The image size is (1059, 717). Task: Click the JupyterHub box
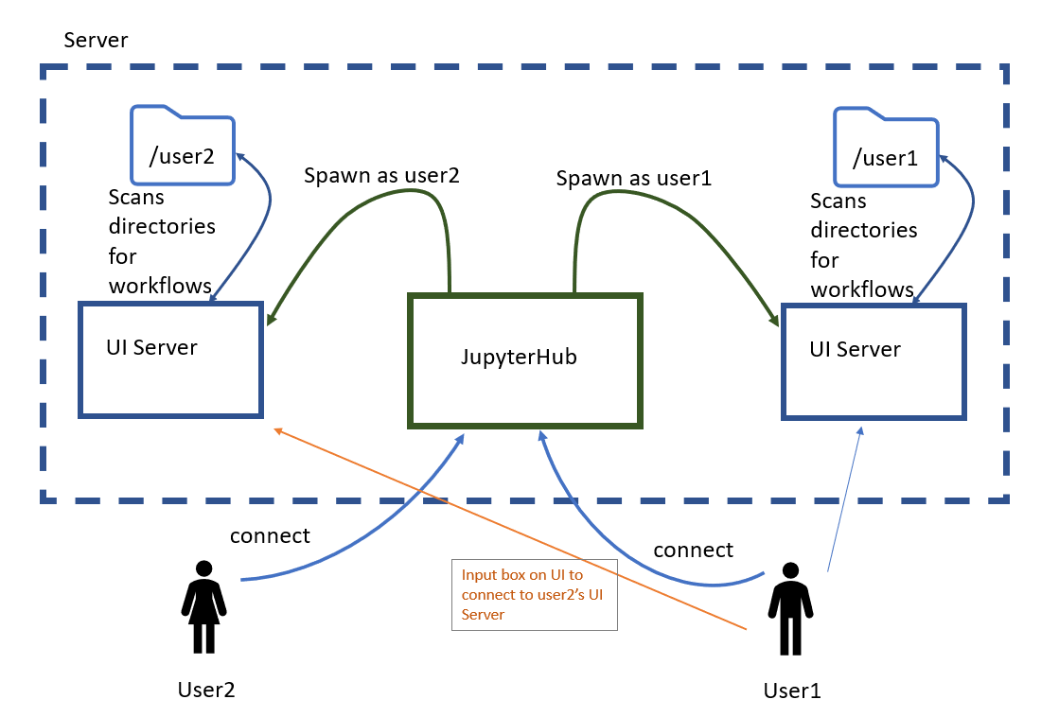tap(525, 359)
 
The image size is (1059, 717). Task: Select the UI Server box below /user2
tap(170, 359)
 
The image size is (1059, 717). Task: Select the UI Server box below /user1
tap(873, 361)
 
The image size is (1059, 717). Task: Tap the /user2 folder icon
tap(182, 147)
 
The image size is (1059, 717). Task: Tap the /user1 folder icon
tap(885, 149)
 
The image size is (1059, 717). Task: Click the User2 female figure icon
tap(203, 606)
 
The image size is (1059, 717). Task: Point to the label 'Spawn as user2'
tap(380, 176)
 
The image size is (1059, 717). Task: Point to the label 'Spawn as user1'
tap(633, 178)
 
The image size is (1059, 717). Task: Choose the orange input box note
tap(535, 594)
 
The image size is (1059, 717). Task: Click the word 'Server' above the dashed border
tap(95, 41)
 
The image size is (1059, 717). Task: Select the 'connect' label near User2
tap(270, 535)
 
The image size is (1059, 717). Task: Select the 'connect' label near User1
tap(693, 550)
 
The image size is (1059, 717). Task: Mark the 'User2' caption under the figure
tap(205, 689)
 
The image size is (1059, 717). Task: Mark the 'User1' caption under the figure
tap(792, 691)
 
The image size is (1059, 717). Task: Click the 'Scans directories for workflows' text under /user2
tap(161, 241)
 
